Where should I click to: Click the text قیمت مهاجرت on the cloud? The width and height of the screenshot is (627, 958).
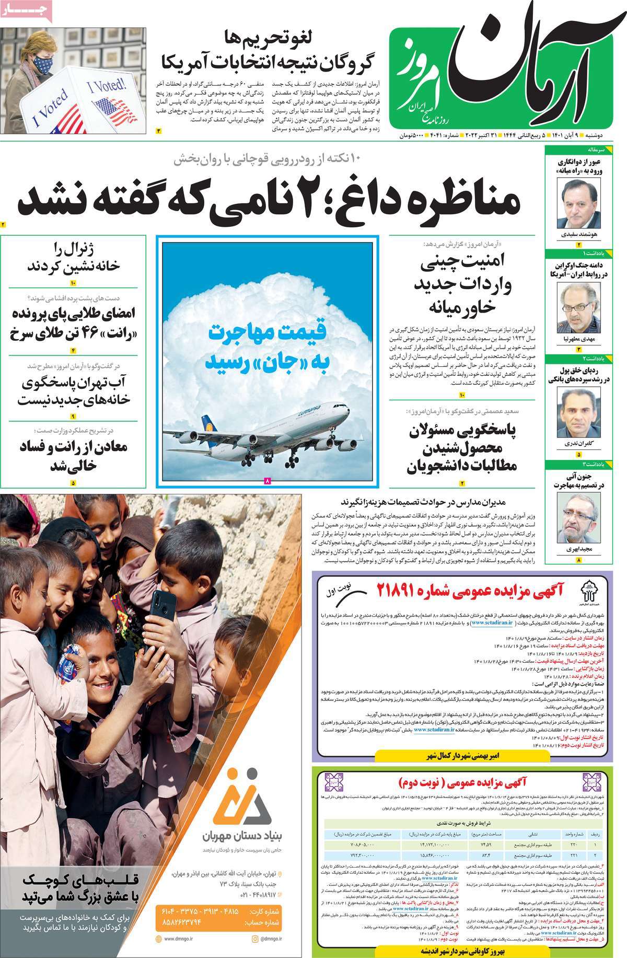pyautogui.click(x=268, y=333)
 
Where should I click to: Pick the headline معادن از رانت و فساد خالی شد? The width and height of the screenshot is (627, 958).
pyautogui.click(x=73, y=456)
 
